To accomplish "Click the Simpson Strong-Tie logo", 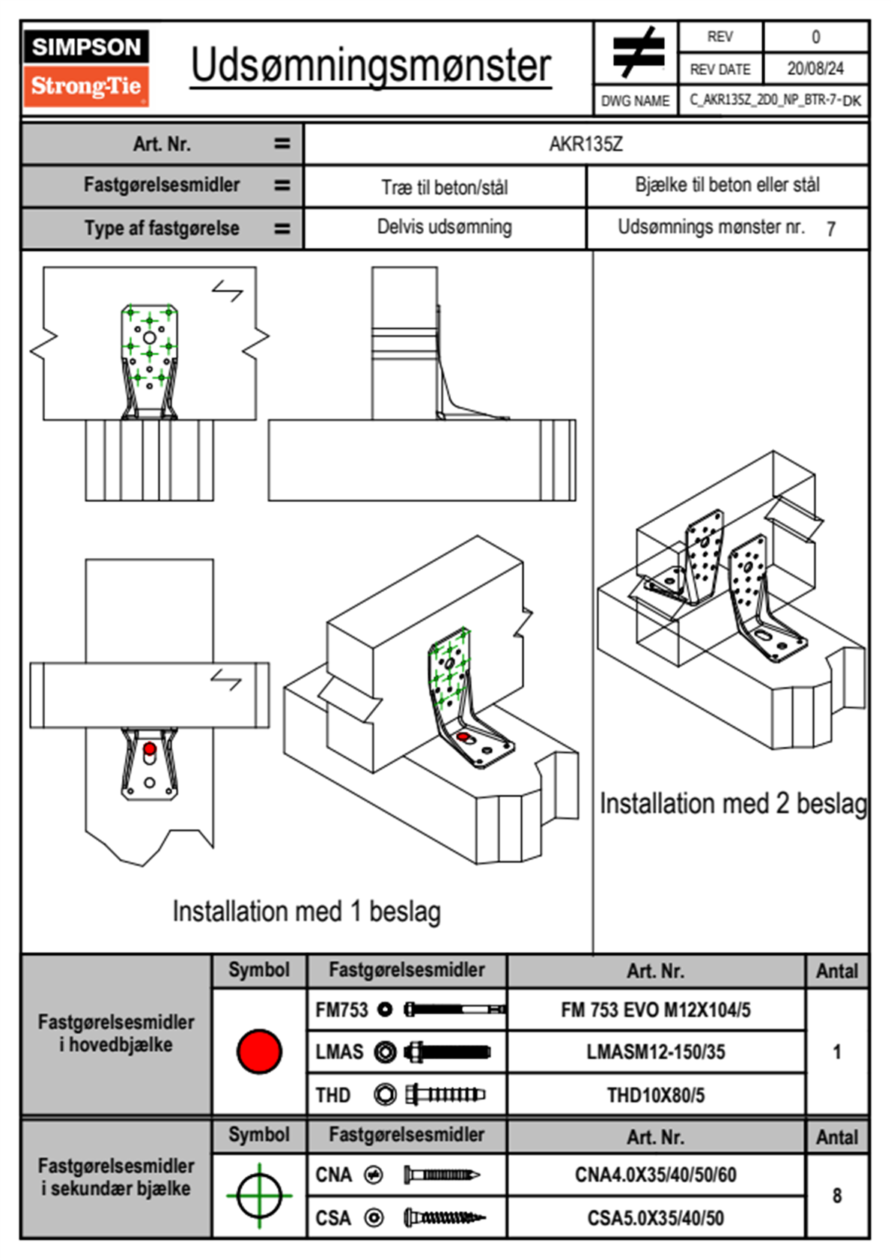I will pos(86,67).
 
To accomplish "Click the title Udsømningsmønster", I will pos(371,66).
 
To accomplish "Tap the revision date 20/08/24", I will pos(815,69).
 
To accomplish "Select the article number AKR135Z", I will pos(586,144).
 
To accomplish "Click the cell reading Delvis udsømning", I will pos(444,227).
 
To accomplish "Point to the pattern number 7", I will pos(830,229).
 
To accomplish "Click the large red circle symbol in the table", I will pos(259,1051).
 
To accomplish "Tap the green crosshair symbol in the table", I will pos(259,1196).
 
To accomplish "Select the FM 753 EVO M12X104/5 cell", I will pos(655,1010).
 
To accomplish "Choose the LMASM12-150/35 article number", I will pos(655,1052).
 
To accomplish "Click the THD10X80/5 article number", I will pos(655,1095).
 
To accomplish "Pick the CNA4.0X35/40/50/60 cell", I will pos(655,1175).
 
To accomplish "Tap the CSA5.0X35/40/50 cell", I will pos(655,1218).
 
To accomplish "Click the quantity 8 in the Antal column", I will pos(836,1196).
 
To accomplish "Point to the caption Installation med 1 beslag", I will pos(306,912).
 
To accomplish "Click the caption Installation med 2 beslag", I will pos(732,804).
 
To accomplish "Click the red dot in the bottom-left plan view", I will pos(150,748).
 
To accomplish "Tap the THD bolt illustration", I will pos(445,1095).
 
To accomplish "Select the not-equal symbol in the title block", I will pos(637,52).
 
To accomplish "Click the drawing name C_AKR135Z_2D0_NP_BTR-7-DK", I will pos(774,100).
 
